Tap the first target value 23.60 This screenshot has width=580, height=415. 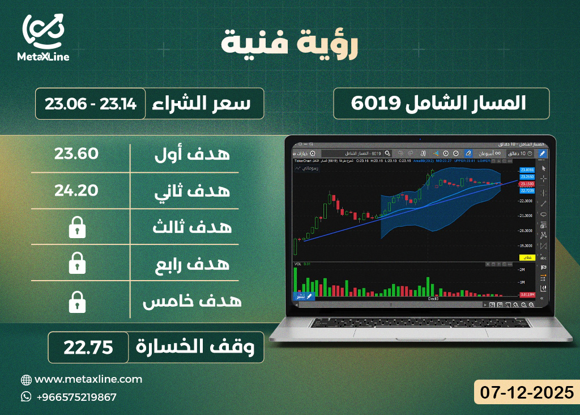pos(77,154)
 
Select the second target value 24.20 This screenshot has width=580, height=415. pos(77,190)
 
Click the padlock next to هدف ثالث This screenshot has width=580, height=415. pos(77,228)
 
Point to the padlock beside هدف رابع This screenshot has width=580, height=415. pos(77,264)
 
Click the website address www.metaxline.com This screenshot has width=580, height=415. pos(88,379)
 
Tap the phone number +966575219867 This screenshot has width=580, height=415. pos(76,397)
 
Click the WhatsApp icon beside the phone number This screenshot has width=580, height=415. pos(26,397)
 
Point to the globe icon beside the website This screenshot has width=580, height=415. pos(26,380)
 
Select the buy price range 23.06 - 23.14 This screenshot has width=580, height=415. pos(91,104)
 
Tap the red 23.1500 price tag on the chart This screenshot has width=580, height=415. pos(527,184)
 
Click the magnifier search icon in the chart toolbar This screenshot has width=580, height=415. pos(387,153)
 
